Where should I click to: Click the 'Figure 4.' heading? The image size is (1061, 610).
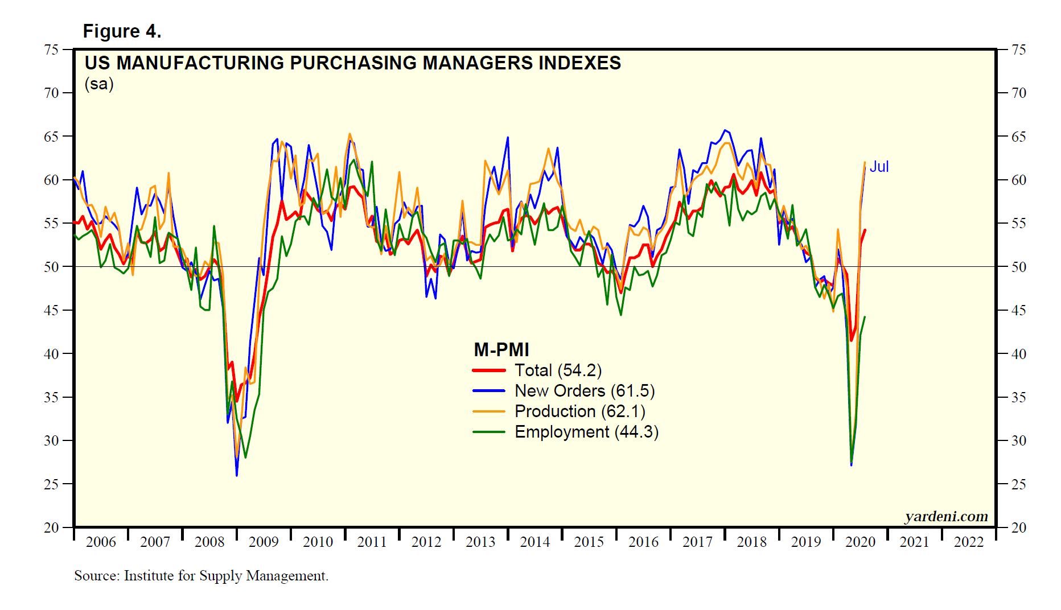pyautogui.click(x=122, y=31)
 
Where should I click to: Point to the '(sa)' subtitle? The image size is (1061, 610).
pyautogui.click(x=99, y=84)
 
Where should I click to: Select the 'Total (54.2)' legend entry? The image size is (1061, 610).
pyautogui.click(x=558, y=370)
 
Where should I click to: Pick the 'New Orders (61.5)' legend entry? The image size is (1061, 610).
pyautogui.click(x=585, y=391)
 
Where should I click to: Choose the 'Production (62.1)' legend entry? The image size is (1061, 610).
pyautogui.click(x=579, y=411)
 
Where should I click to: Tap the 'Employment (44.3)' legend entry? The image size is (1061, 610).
pyautogui.click(x=586, y=432)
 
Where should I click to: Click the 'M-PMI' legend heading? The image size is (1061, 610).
pyautogui.click(x=501, y=349)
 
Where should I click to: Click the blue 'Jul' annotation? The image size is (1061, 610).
pyautogui.click(x=879, y=167)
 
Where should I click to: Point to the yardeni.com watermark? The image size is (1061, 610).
pyautogui.click(x=946, y=516)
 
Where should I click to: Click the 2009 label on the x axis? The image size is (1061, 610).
pyautogui.click(x=264, y=542)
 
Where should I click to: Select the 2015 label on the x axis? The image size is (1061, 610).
pyautogui.click(x=589, y=542)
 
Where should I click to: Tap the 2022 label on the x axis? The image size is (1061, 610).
pyautogui.click(x=969, y=542)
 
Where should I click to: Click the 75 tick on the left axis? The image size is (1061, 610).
pyautogui.click(x=51, y=50)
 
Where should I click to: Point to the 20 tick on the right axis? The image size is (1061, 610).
pyautogui.click(x=1019, y=527)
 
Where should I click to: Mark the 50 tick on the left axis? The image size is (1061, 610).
pyautogui.click(x=51, y=267)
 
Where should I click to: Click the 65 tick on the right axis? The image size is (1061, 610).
pyautogui.click(x=1019, y=137)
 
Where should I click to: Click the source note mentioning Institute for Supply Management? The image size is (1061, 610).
pyautogui.click(x=201, y=576)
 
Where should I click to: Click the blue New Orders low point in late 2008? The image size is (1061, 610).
pyautogui.click(x=237, y=475)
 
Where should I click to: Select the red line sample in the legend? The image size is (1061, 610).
pyautogui.click(x=489, y=370)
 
